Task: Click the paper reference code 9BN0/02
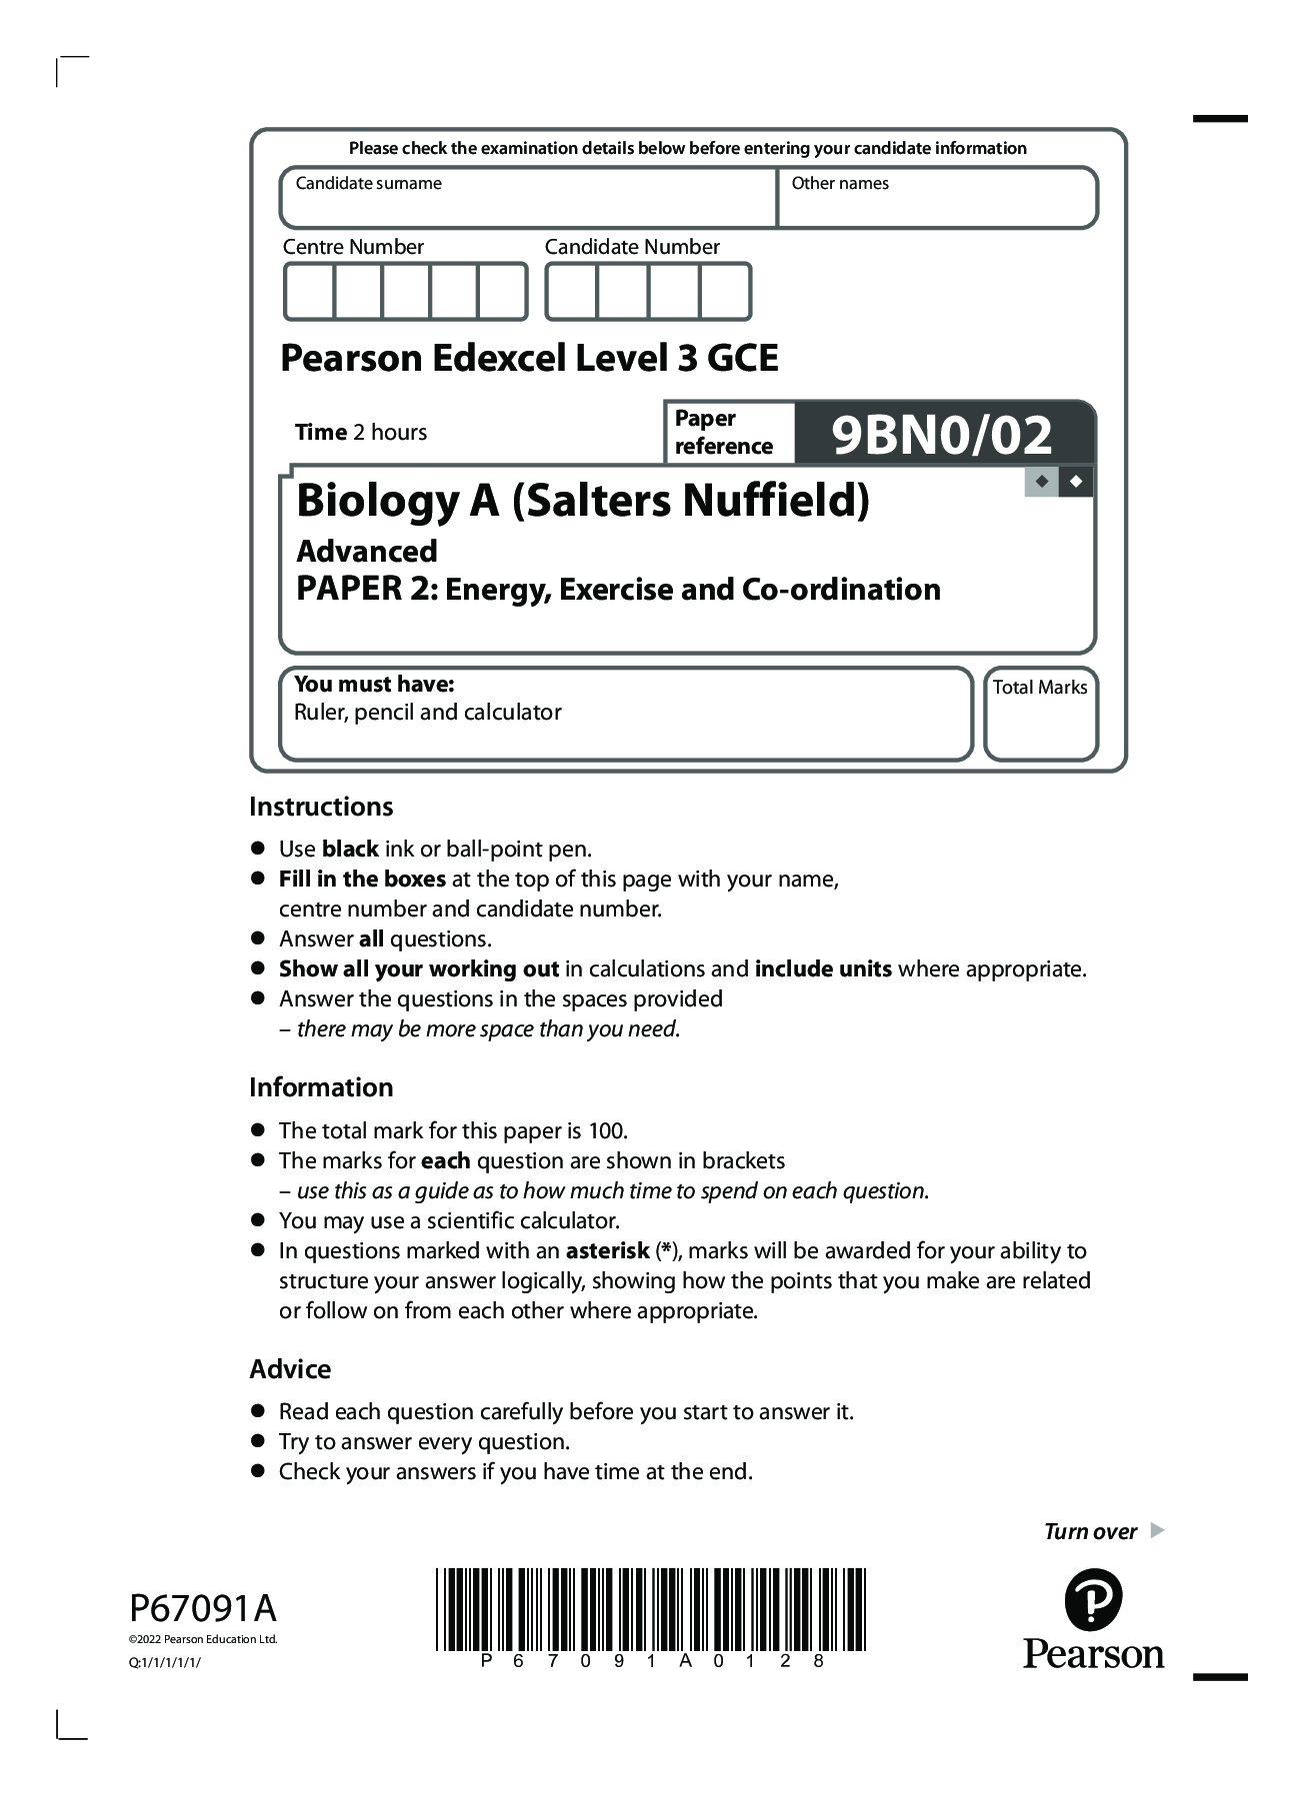(942, 435)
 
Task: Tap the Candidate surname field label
(368, 184)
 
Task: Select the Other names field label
(839, 184)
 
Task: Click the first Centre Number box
(309, 292)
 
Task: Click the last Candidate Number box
(725, 292)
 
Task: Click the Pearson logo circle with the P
(1093, 1600)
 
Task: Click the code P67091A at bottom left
(202, 1609)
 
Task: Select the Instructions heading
(321, 807)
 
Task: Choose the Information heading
(321, 1087)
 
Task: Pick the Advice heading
(290, 1369)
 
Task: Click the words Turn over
(1090, 1532)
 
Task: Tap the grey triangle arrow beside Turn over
(1157, 1530)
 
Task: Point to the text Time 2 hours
(360, 433)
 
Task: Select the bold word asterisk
(607, 1251)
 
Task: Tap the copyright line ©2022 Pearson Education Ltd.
(203, 1639)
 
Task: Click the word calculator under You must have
(514, 713)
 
